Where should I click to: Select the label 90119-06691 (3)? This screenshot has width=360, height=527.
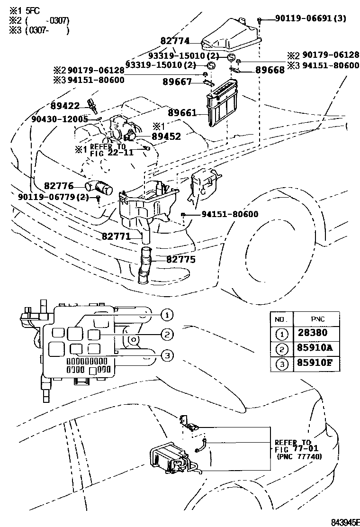pyautogui.click(x=310, y=19)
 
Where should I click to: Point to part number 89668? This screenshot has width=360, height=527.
pyautogui.click(x=270, y=70)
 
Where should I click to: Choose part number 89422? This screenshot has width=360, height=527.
pyautogui.click(x=65, y=106)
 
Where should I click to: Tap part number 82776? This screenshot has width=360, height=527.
pyautogui.click(x=59, y=186)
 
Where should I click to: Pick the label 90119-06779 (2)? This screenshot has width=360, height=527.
pyautogui.click(x=54, y=197)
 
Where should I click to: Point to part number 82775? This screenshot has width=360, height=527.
pyautogui.click(x=180, y=260)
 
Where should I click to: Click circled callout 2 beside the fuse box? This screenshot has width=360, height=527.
pyautogui.click(x=167, y=335)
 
